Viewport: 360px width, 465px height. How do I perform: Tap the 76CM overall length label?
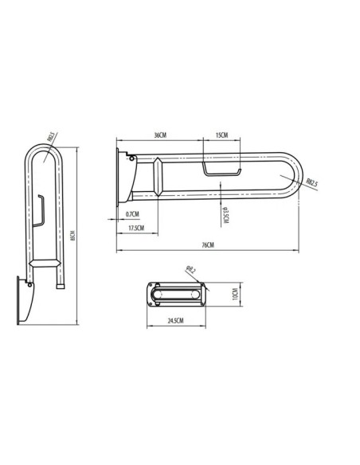208,245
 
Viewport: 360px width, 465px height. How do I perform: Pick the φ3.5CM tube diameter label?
226,214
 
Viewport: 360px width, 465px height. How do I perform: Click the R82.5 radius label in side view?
311,183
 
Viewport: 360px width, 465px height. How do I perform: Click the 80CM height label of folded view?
73,236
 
